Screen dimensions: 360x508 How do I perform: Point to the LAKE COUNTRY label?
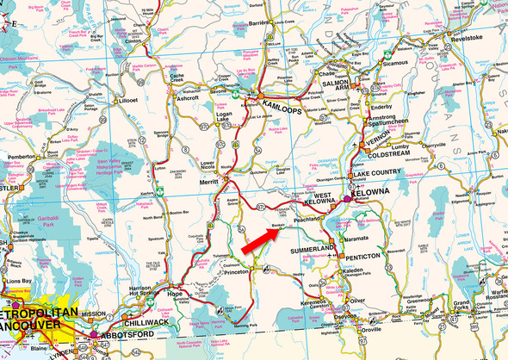(x=379, y=173)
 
